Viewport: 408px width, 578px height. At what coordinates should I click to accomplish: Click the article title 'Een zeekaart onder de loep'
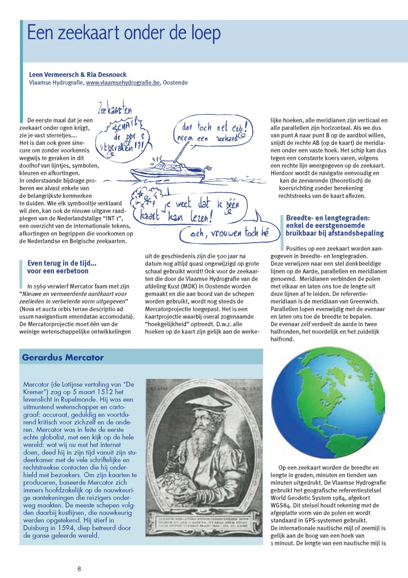pos(124,33)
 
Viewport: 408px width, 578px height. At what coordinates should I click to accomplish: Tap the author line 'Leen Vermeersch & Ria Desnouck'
pos(78,74)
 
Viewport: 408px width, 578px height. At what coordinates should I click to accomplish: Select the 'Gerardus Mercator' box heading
pos(63,357)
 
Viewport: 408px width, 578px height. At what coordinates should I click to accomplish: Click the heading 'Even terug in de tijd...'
pos(62,263)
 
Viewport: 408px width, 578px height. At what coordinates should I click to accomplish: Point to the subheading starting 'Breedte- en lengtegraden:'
pos(328,218)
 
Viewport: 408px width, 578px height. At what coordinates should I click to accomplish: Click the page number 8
pos(79,568)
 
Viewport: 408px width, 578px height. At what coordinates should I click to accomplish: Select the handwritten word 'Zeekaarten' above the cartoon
pos(115,109)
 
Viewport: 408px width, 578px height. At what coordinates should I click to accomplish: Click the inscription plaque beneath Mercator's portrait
pos(204,523)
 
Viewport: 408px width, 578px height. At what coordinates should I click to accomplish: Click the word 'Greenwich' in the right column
pos(364,301)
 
